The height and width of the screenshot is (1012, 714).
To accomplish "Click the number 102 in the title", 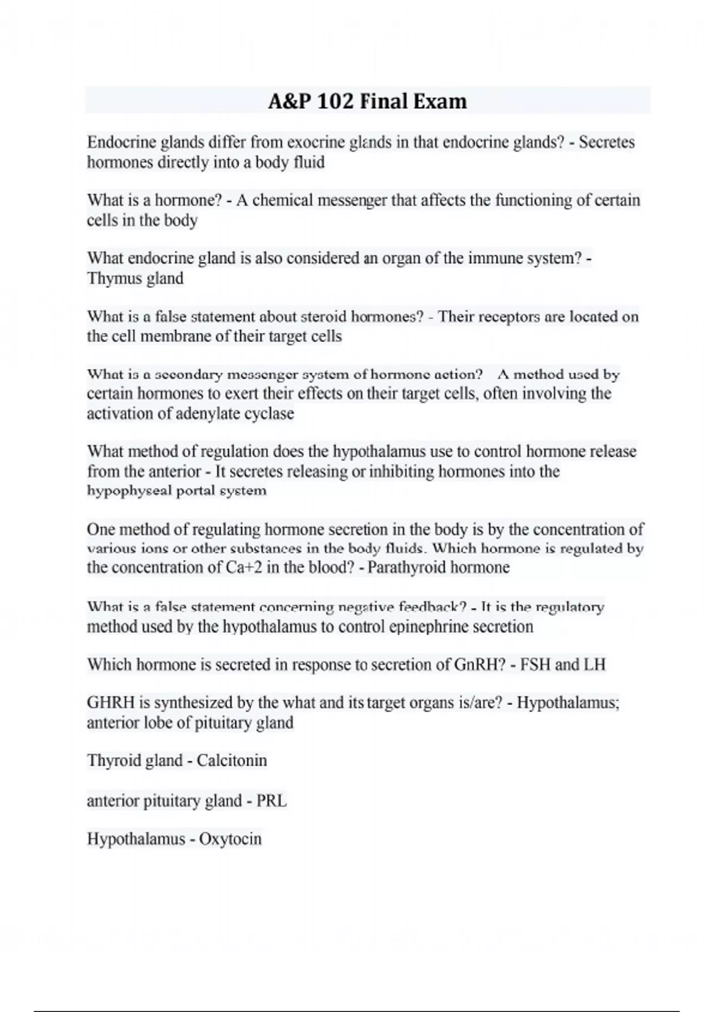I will tap(336, 101).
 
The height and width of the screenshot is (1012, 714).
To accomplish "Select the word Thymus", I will tap(114, 279).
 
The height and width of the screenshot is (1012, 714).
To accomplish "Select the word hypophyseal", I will tap(129, 491).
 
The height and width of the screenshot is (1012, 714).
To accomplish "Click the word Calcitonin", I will tap(231, 761).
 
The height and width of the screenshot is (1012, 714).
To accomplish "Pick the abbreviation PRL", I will tap(271, 801).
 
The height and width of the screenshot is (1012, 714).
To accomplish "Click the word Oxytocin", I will tap(230, 839).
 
